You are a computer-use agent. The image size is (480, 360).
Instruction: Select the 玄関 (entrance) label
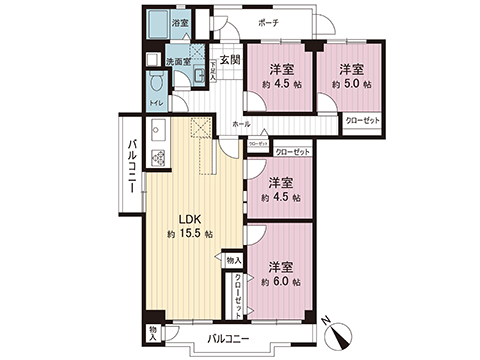coord(230,60)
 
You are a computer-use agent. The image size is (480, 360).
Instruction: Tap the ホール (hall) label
coord(241,123)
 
